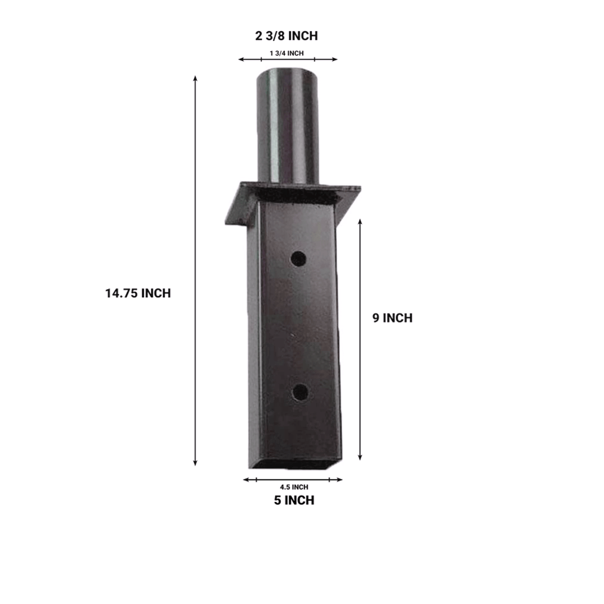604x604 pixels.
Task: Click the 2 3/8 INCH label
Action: point(287,36)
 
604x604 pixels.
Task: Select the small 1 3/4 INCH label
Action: point(287,54)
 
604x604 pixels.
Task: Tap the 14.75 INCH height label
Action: point(138,293)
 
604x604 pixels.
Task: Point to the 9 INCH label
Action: point(392,318)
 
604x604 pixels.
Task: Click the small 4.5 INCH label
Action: point(294,487)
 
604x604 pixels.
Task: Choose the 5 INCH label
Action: point(293,501)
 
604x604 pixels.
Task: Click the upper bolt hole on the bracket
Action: point(299,258)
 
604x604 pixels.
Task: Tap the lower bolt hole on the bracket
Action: point(300,392)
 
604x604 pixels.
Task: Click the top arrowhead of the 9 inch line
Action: point(360,219)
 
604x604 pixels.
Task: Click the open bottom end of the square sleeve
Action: point(295,465)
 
